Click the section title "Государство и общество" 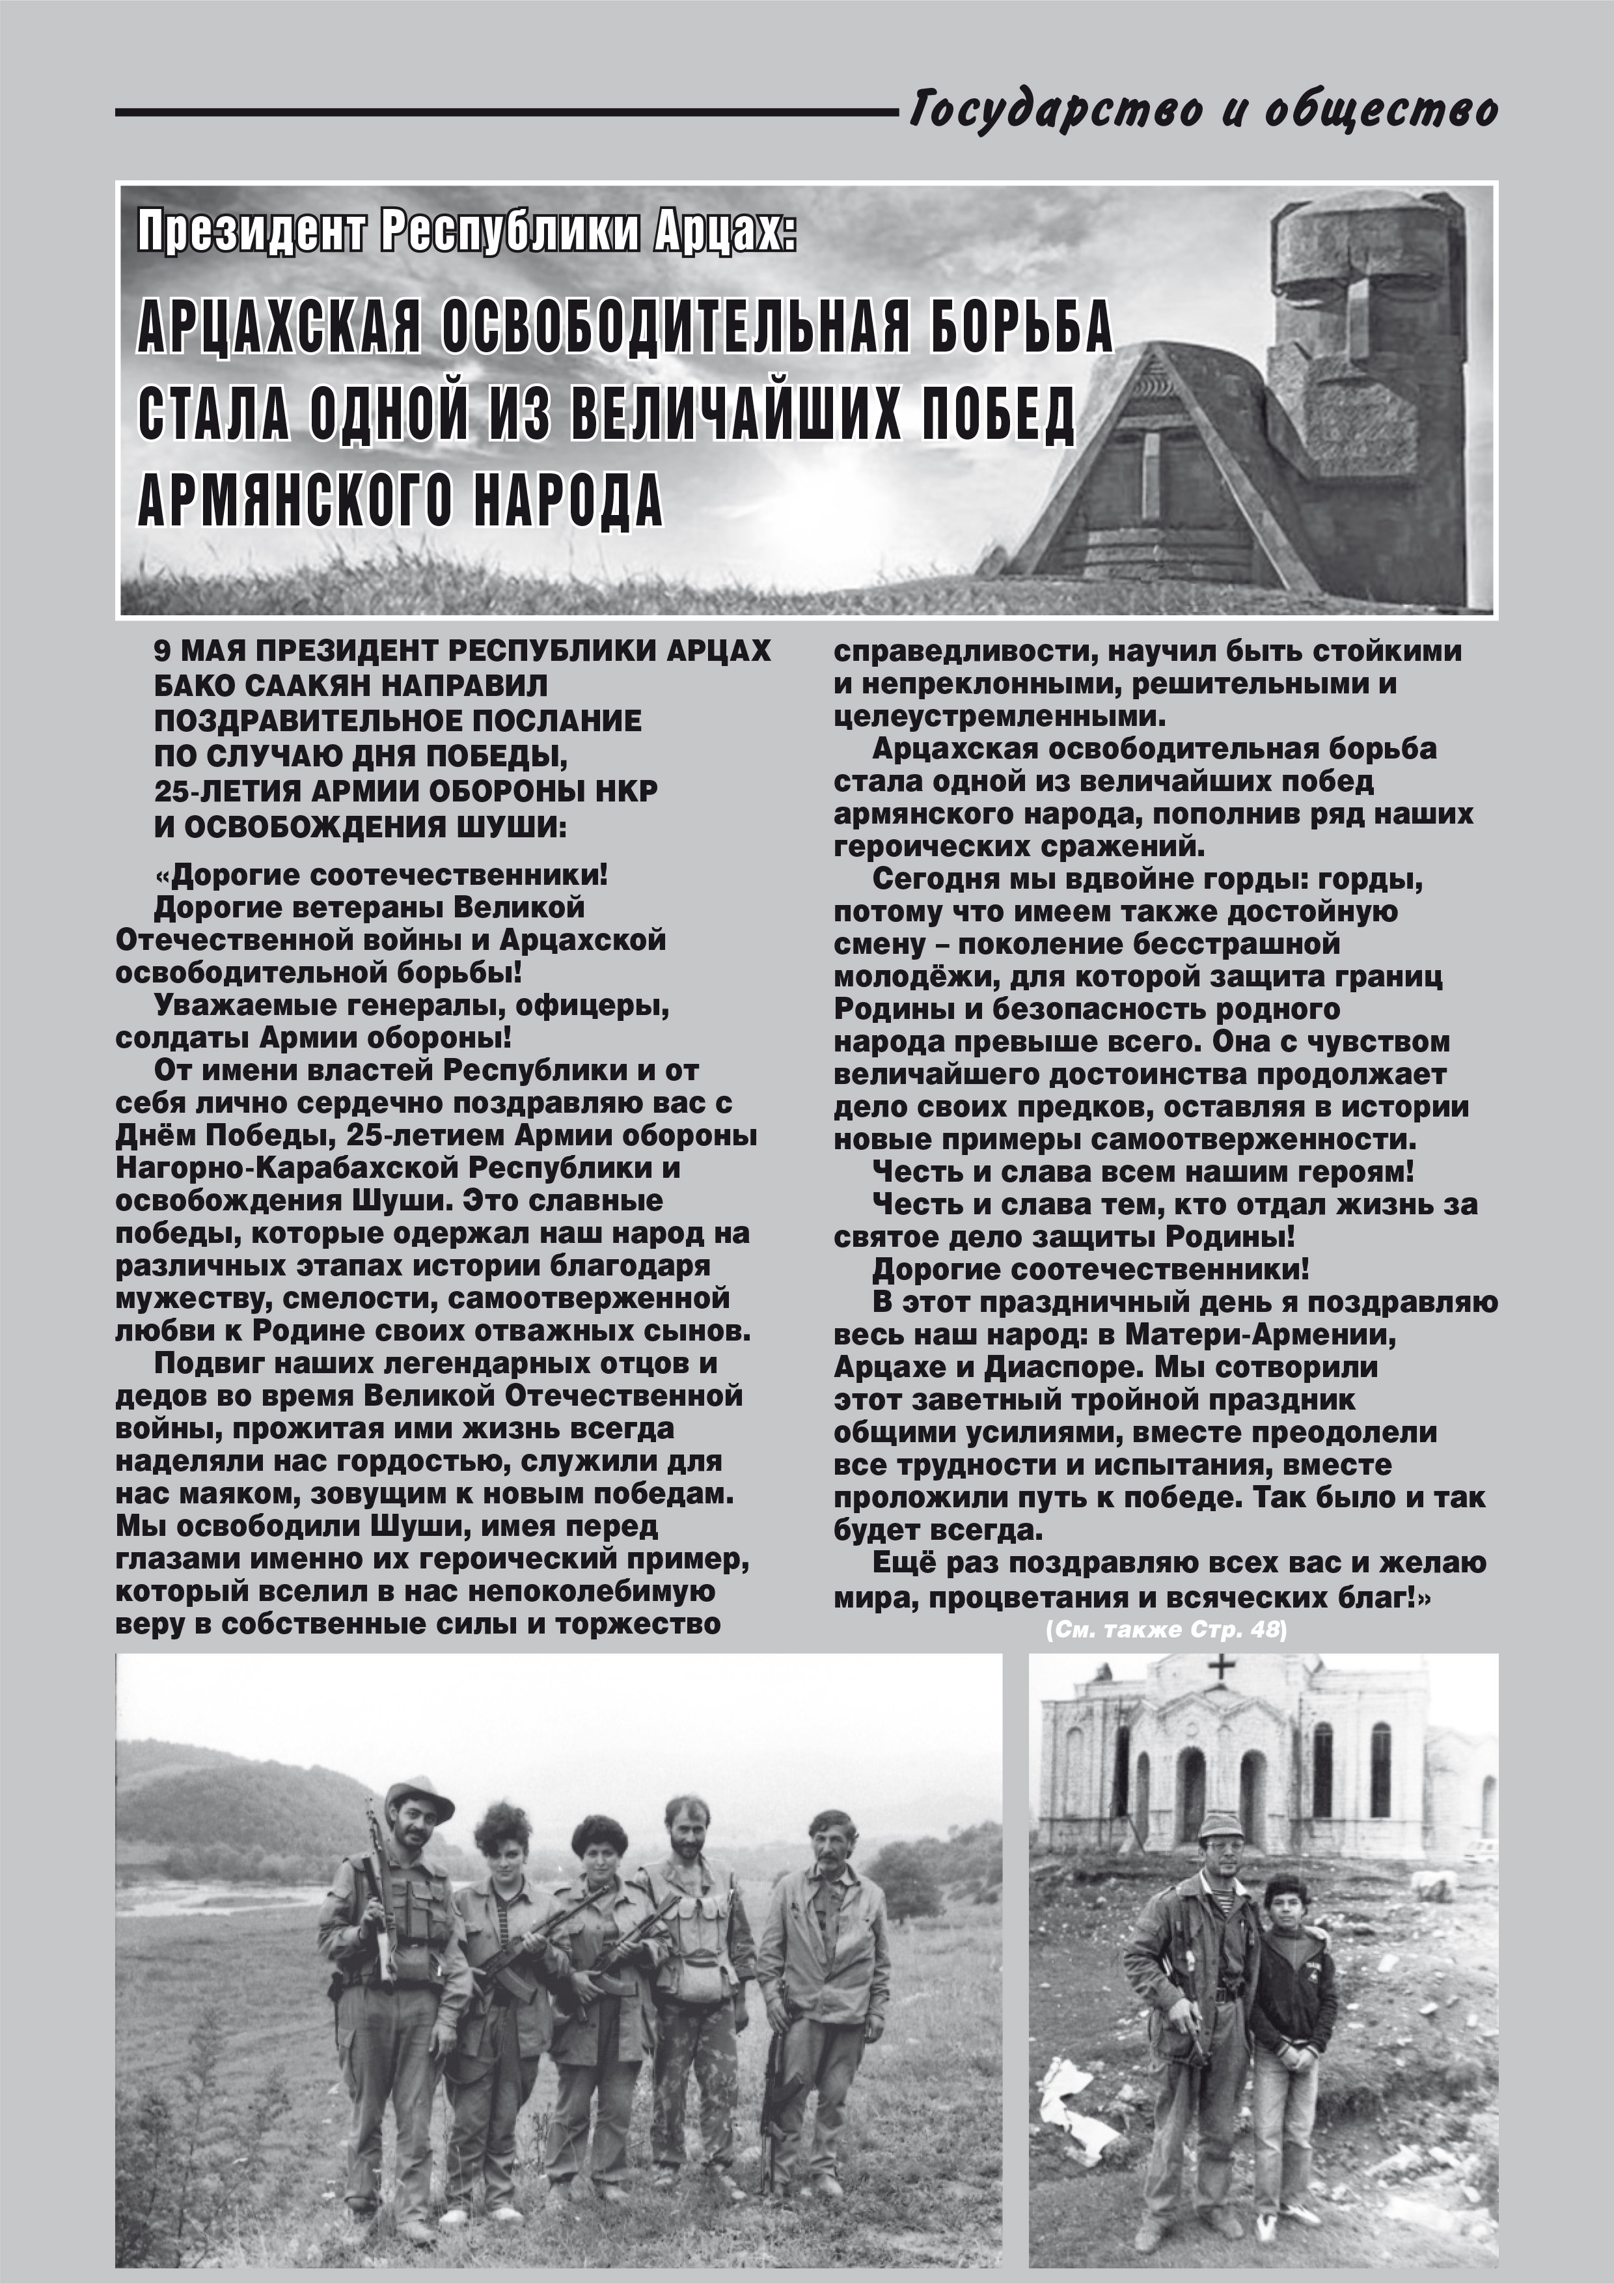(1203, 109)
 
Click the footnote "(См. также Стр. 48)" (1166, 1630)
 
